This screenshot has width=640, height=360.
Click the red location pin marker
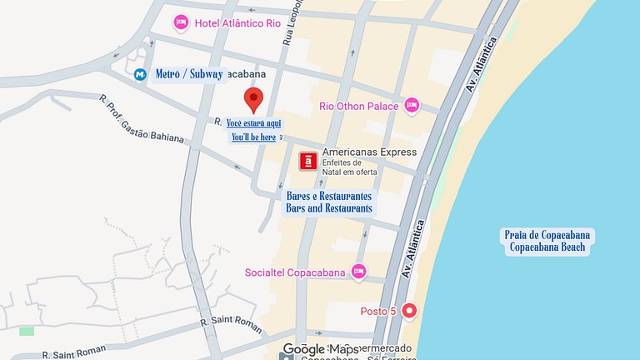[x=254, y=99]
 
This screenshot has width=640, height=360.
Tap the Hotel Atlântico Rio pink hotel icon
[x=180, y=22]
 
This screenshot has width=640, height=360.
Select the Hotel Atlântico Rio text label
[x=237, y=23]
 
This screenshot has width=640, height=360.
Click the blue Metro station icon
[x=140, y=75]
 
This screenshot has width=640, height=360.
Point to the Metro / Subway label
[x=189, y=74]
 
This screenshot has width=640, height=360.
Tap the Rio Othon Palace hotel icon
[x=411, y=106]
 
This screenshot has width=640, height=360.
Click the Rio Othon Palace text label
[x=358, y=106]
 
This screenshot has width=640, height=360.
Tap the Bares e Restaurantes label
[x=328, y=195]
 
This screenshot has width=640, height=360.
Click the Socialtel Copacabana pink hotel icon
[x=358, y=272]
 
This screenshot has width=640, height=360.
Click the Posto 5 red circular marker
[x=409, y=311]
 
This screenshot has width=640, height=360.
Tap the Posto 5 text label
[x=377, y=311]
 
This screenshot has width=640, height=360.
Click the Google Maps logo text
[x=320, y=349]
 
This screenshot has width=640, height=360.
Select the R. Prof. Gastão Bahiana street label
[x=141, y=118]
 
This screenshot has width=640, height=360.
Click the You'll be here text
[x=253, y=137]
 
